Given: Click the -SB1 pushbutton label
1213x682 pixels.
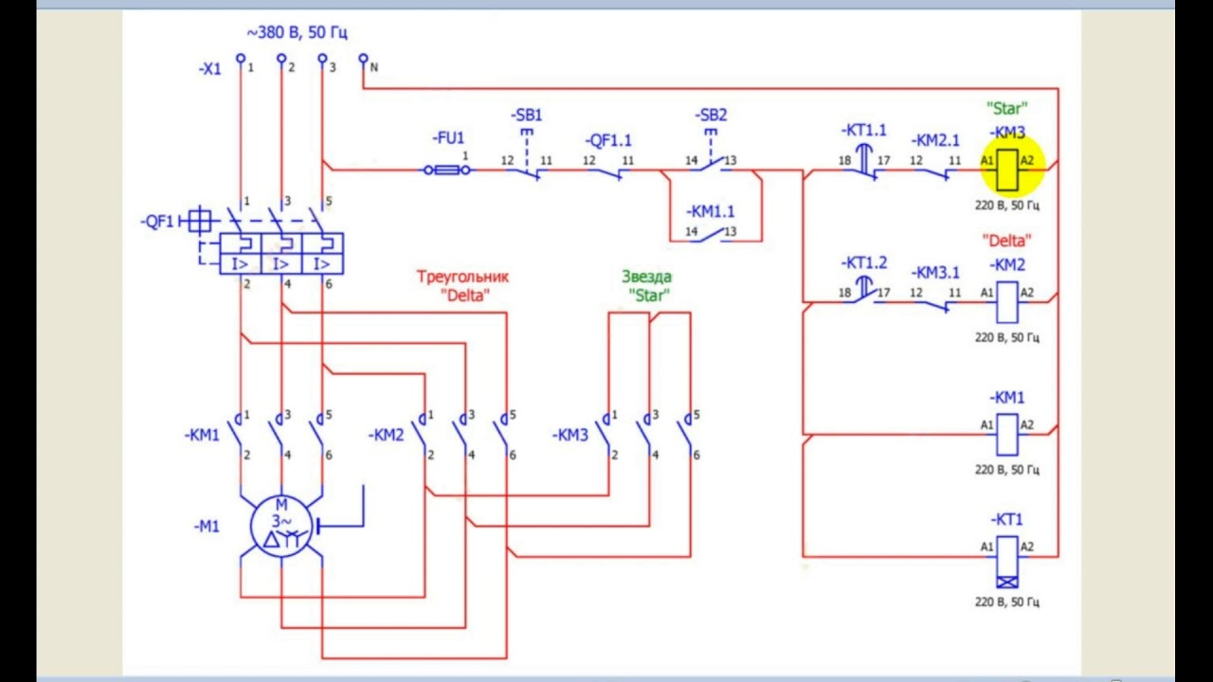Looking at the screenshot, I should click(x=528, y=116).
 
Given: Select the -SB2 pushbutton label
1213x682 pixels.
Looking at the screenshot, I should click(x=712, y=116).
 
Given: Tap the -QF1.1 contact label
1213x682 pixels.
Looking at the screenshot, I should click(x=608, y=140).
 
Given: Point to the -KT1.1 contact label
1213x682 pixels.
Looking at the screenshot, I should click(x=863, y=131).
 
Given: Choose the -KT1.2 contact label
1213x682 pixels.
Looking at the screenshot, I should click(x=863, y=262).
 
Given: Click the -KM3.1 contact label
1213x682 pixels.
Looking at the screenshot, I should click(x=936, y=273).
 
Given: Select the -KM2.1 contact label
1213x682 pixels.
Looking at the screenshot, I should click(x=936, y=140).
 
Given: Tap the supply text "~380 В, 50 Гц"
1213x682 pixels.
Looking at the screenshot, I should click(x=297, y=33).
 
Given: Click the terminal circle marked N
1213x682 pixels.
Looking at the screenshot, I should click(x=363, y=58).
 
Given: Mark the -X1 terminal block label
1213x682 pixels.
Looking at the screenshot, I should click(x=209, y=69).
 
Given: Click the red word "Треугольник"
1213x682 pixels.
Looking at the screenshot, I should click(x=462, y=277).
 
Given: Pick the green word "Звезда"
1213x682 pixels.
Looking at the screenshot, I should click(x=646, y=277).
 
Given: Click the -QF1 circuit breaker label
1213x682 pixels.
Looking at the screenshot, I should click(x=158, y=222).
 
